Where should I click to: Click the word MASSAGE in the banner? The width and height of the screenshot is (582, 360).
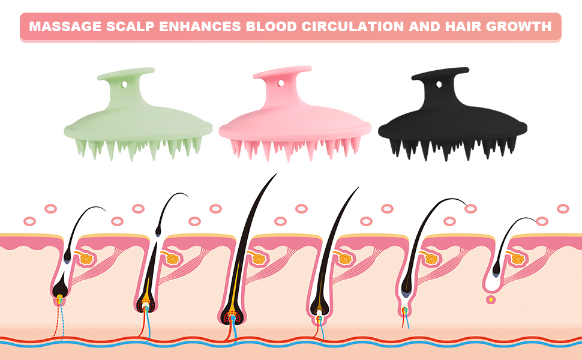65,26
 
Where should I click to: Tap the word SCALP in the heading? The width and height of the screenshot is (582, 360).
130,26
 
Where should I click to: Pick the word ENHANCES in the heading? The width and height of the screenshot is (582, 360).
200,26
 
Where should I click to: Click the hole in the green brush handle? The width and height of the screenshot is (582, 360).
124,85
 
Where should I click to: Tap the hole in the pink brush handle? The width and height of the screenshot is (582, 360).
281,83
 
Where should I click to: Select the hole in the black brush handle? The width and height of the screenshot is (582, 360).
439,85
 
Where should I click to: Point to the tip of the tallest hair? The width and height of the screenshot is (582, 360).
277,173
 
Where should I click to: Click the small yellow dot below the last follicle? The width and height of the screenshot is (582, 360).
491,299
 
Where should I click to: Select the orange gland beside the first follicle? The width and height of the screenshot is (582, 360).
86,258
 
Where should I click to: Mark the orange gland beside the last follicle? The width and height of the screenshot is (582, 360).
517,259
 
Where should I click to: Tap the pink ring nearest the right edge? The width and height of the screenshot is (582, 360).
563,209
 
